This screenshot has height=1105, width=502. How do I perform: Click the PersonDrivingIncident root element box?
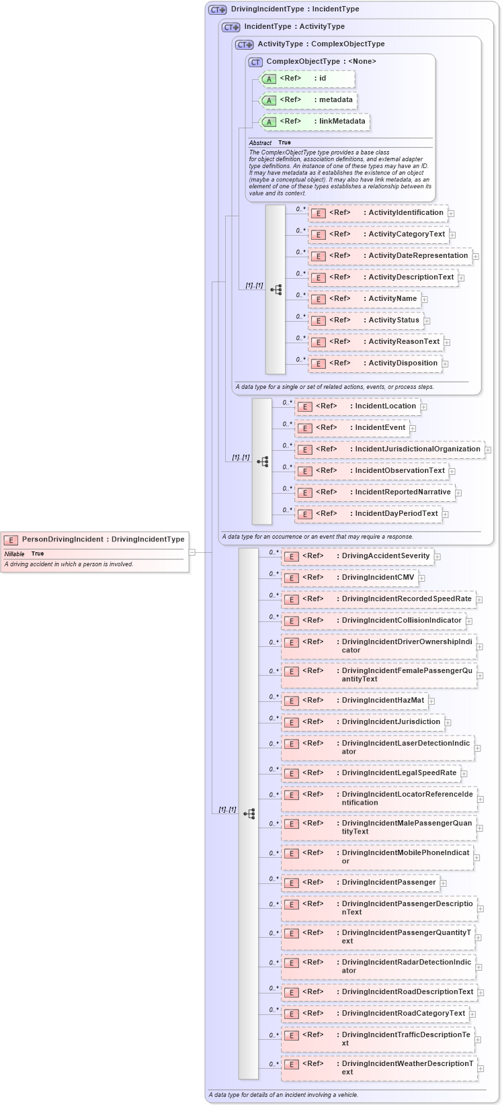(x=95, y=539)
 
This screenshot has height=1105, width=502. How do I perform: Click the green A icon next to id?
(x=269, y=79)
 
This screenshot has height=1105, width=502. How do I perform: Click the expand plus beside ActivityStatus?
(x=427, y=321)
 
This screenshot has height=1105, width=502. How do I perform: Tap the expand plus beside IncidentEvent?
(x=413, y=429)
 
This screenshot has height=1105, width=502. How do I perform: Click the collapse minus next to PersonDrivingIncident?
(x=192, y=552)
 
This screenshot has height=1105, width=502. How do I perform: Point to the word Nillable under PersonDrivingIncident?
(x=14, y=554)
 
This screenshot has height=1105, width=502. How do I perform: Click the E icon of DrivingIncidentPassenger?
(x=291, y=883)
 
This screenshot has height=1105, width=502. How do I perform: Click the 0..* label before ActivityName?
(x=300, y=295)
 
